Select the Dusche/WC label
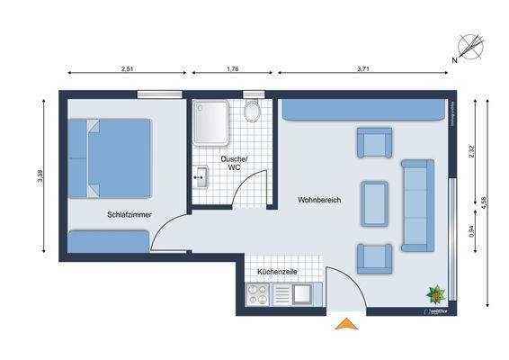tap(233, 164)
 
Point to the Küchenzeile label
tap(277, 271)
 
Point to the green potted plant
tap(435, 292)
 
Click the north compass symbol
tap(468, 48)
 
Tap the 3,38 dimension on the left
tap(40, 179)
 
